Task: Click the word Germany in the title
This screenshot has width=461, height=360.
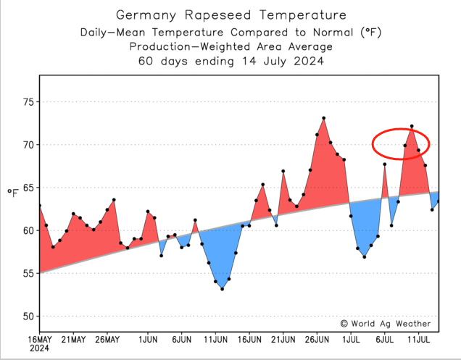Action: pos(148,15)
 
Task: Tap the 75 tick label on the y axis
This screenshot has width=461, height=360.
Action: pos(28,102)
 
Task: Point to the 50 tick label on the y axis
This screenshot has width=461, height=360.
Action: pos(28,317)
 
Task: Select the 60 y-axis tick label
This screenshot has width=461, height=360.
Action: pos(28,231)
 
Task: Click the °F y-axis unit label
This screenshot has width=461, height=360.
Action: pos(13,192)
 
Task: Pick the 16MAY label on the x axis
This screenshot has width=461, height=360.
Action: pos(40,339)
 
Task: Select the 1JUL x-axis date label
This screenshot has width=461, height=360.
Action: pos(352,339)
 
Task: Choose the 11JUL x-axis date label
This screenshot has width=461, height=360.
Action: pos(420,339)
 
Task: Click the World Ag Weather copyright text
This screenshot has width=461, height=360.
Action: pos(385,324)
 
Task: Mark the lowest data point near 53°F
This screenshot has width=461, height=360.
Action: pos(222,289)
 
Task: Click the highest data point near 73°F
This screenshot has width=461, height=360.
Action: pos(323,118)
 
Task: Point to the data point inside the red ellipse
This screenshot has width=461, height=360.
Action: pos(412,127)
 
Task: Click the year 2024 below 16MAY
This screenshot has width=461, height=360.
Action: pos(40,349)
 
